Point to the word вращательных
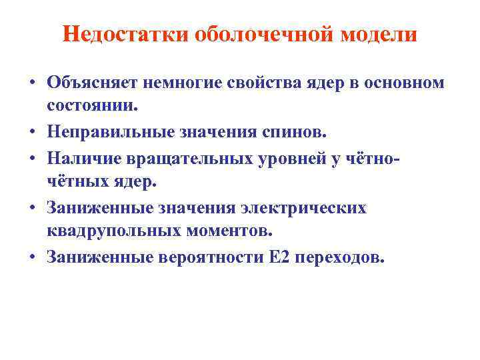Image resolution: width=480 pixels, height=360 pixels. [x=178, y=157]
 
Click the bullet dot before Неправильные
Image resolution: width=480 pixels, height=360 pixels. [x=32, y=132]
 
